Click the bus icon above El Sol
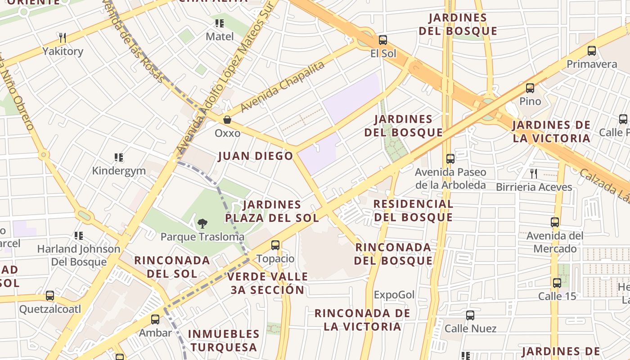[382, 40]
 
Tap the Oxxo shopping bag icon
[227, 120]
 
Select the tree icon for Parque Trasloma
[202, 223]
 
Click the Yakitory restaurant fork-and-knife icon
[63, 37]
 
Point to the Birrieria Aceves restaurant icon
[534, 173]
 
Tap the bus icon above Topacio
[275, 245]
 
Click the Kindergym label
[119, 171]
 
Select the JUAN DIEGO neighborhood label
[256, 156]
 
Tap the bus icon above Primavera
[592, 51]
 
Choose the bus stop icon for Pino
[530, 88]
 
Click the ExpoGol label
[394, 295]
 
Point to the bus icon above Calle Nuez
[470, 315]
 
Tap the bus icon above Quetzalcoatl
[50, 296]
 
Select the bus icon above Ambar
[155, 319]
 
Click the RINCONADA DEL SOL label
[172, 267]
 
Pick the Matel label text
[220, 36]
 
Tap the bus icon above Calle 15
[557, 283]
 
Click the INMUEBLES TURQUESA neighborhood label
[223, 341]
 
